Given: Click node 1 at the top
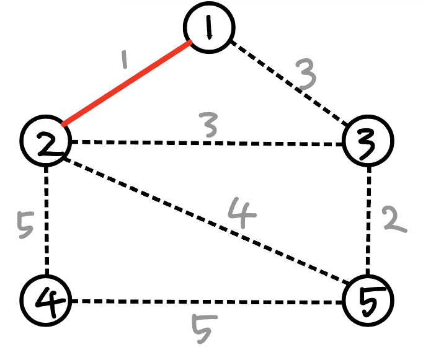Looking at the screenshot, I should tap(209, 27).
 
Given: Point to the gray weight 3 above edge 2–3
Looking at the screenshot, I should tap(208, 126).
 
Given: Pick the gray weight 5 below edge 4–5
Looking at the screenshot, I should tap(202, 329).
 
